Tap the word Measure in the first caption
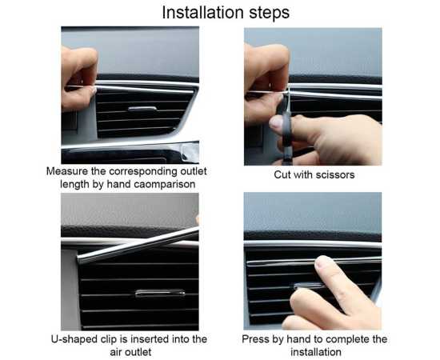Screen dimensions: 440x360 (66, 171)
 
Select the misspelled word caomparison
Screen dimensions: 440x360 (165, 185)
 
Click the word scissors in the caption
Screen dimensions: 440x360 (335, 175)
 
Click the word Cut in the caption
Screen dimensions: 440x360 (282, 175)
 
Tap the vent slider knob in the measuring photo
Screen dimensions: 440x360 (142, 109)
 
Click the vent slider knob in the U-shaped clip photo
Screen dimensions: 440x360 (160, 294)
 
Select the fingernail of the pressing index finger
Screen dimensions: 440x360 (322, 262)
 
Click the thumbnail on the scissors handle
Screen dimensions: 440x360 (276, 122)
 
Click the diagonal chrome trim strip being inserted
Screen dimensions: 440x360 (138, 245)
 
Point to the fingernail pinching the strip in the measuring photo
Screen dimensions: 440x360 (94, 90)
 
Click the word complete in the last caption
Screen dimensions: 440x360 (348, 339)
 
